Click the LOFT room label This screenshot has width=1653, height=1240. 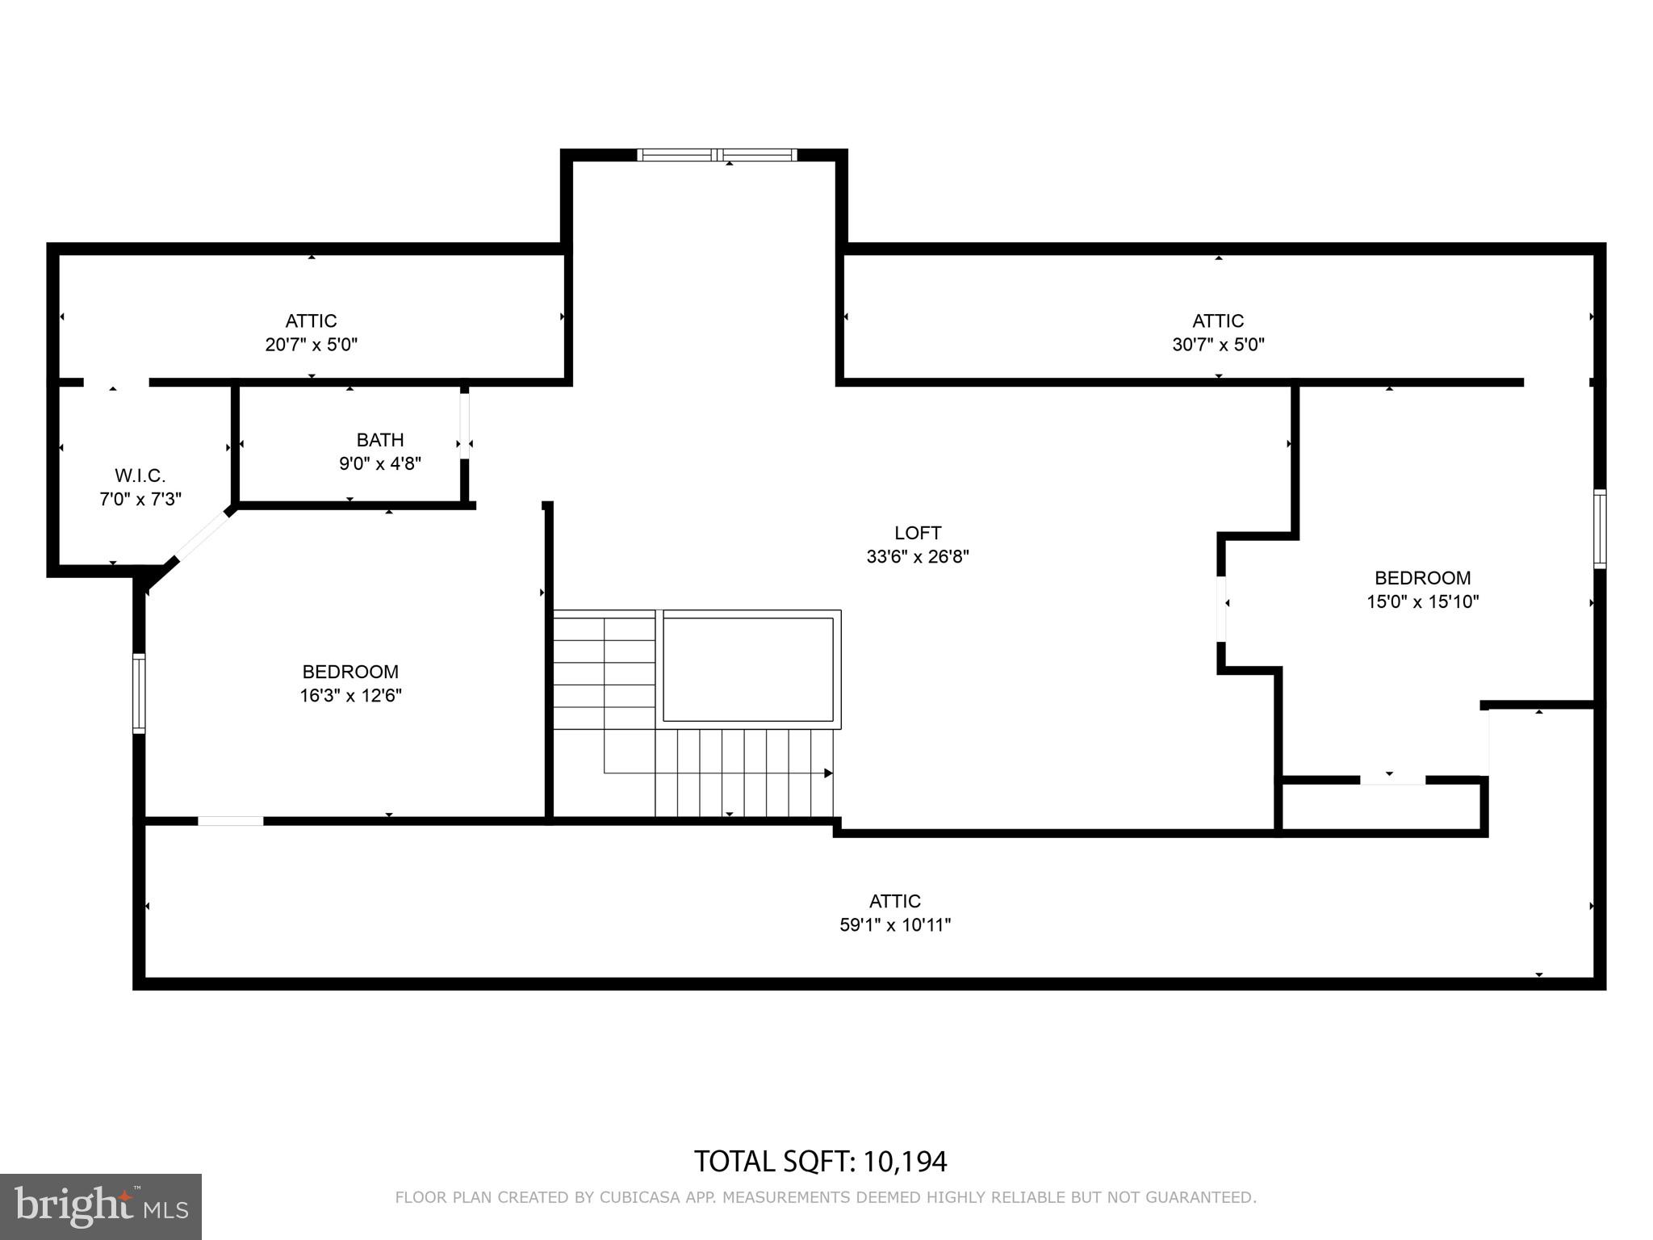click(917, 533)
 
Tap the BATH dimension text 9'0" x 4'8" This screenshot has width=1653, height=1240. click(379, 463)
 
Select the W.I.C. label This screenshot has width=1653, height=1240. click(140, 475)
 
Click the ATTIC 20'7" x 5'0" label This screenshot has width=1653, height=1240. click(311, 333)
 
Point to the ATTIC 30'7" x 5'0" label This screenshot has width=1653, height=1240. click(1218, 333)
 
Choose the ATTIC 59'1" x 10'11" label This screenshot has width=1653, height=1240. click(894, 913)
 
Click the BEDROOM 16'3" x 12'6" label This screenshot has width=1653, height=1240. click(350, 683)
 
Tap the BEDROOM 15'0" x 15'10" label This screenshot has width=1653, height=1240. click(1422, 589)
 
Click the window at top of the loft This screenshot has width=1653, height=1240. click(717, 155)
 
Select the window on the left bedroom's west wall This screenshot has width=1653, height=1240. click(139, 693)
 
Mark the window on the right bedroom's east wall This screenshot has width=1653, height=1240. click(1599, 529)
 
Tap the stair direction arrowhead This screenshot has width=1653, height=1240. click(828, 773)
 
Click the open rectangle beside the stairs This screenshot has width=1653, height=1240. click(748, 669)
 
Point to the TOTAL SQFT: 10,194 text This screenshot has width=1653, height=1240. click(820, 1162)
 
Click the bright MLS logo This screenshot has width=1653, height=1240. click(100, 1206)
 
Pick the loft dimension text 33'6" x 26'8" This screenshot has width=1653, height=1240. click(917, 556)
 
